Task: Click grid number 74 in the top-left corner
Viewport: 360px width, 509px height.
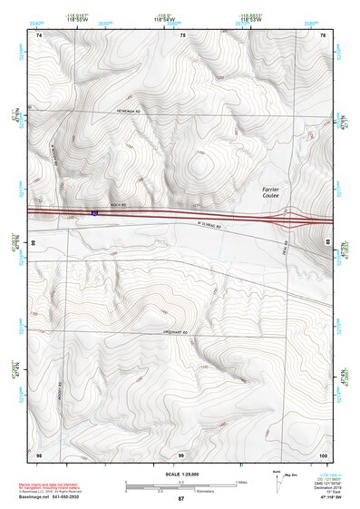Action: point(39,35)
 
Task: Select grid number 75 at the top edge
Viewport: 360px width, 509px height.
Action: point(182,35)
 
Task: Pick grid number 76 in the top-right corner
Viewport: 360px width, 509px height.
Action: point(323,35)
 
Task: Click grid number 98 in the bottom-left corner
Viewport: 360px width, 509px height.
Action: point(38,454)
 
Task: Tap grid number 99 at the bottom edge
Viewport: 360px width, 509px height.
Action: point(180,454)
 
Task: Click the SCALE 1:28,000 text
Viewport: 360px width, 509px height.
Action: point(180,475)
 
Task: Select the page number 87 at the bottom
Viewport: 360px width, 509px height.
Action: point(180,499)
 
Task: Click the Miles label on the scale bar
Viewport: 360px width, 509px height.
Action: point(240,481)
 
